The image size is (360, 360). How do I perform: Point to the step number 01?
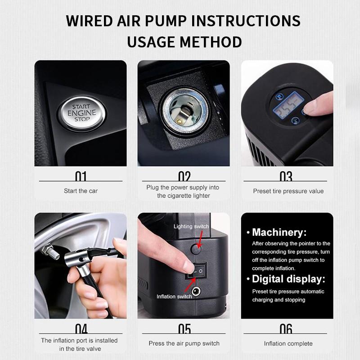coord(81,176)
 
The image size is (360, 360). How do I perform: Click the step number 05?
coord(184,329)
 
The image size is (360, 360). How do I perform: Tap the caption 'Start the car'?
coord(81,191)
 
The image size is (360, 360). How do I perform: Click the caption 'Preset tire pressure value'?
coord(288,191)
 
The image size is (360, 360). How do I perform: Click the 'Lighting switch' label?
coord(191,226)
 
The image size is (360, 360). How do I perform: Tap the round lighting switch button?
coord(196,248)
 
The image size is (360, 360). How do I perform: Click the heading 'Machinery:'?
coord(279,233)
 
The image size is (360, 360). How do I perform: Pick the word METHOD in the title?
coord(211,42)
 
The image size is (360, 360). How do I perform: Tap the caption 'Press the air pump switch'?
coord(184,344)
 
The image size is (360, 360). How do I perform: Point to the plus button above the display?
coord(279,96)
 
